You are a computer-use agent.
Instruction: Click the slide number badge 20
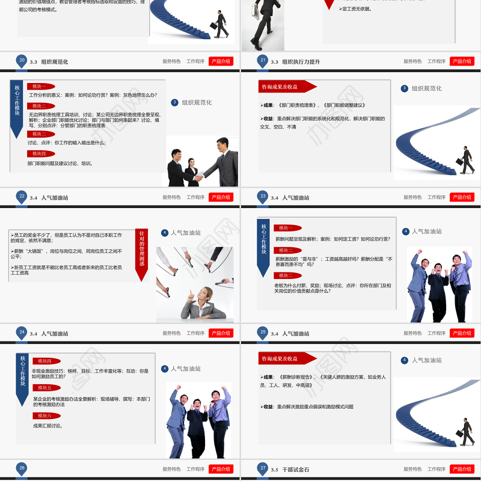(x=22, y=60)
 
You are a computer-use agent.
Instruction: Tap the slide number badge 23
(x=263, y=196)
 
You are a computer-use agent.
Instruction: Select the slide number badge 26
(x=22, y=468)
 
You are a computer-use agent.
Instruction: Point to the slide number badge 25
(x=263, y=332)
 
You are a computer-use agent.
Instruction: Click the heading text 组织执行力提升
(x=301, y=62)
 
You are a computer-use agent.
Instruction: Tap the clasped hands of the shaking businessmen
(x=198, y=177)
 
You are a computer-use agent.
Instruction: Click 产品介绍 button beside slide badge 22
(x=221, y=197)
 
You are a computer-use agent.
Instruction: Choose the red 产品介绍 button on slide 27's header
(x=462, y=469)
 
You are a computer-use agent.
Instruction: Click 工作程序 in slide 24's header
(x=195, y=333)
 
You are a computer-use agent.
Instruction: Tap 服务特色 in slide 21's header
(x=412, y=61)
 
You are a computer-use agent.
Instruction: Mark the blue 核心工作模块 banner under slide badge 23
(x=263, y=246)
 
